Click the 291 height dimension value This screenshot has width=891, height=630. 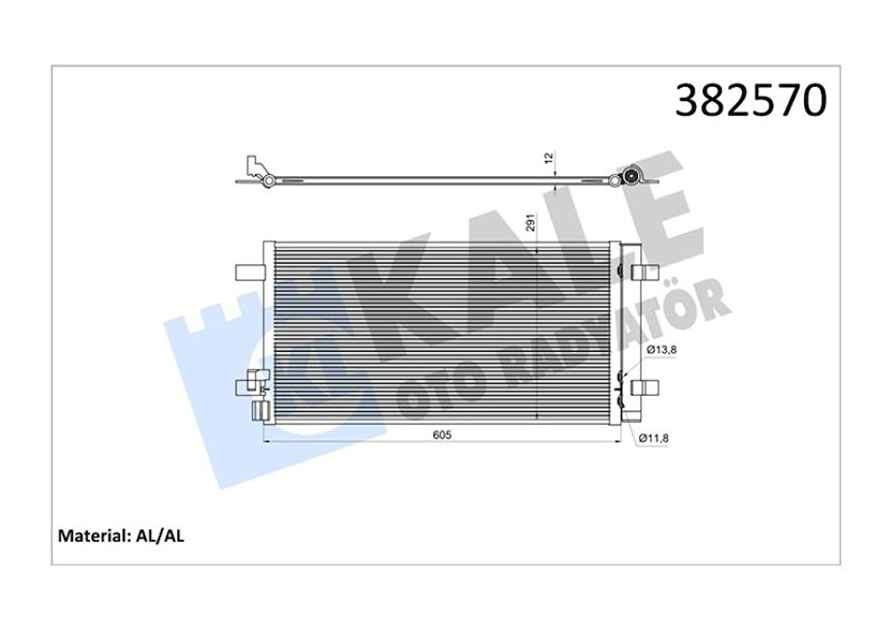530,223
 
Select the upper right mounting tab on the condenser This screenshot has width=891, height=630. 641,272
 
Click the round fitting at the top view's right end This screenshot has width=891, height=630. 630,178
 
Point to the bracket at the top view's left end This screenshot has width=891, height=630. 257,170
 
